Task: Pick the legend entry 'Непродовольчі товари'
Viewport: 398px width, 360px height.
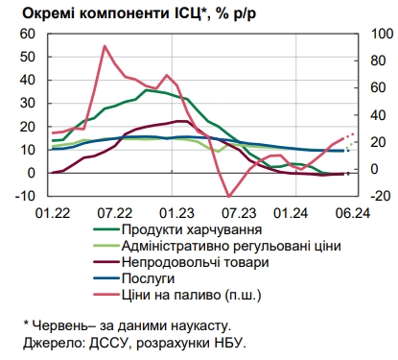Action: pyautogui.click(x=195, y=262)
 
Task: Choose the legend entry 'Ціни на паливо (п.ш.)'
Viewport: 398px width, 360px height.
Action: pyautogui.click(x=193, y=294)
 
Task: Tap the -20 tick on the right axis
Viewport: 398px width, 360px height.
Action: pyautogui.click(x=368, y=196)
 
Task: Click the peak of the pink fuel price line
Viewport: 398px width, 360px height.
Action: pyautogui.click(x=104, y=45)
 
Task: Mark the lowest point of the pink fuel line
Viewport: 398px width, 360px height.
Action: pyautogui.click(x=226, y=196)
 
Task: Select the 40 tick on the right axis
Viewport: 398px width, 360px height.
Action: pyautogui.click(x=366, y=114)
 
